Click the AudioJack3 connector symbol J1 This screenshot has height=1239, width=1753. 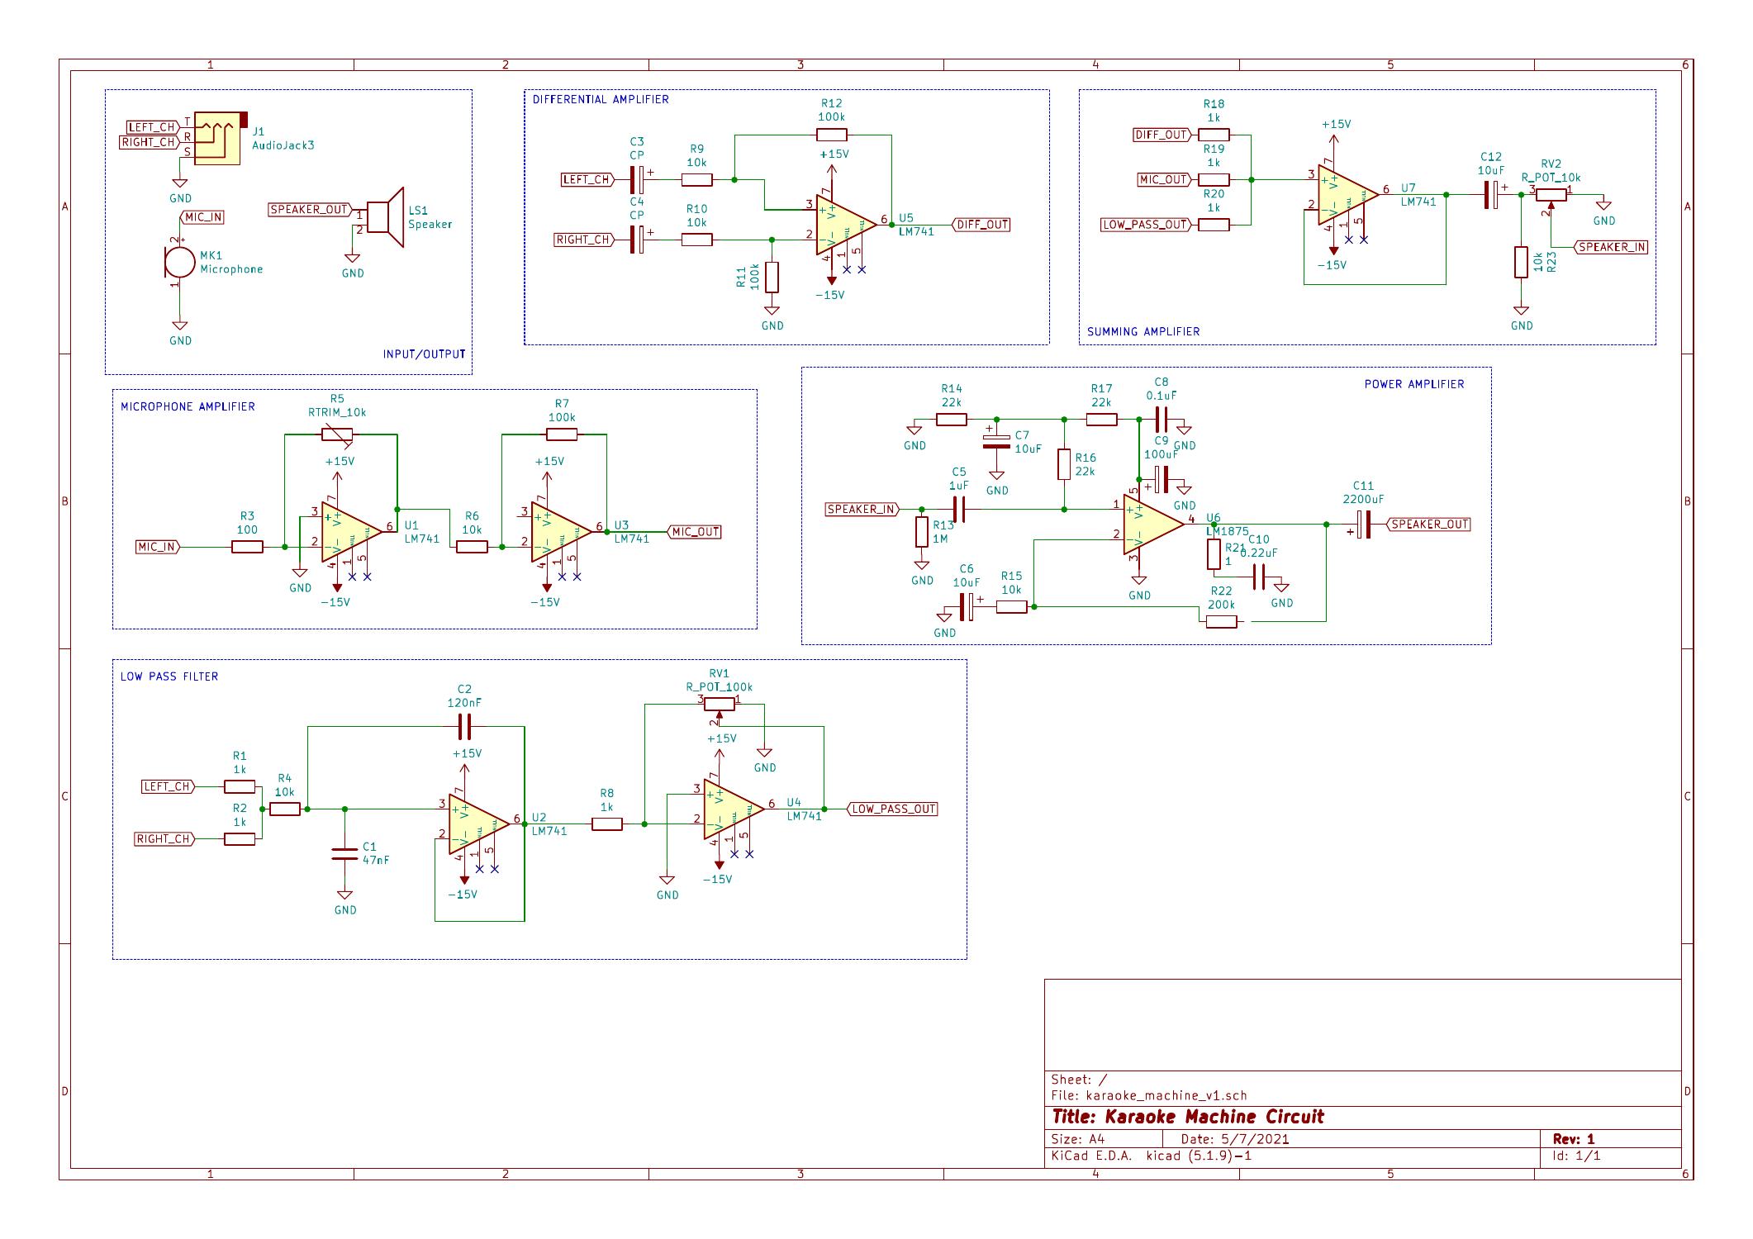[217, 138]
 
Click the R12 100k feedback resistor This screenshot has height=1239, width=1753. [831, 134]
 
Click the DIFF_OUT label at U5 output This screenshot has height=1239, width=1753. [981, 225]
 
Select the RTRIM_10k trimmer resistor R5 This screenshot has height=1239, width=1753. [337, 434]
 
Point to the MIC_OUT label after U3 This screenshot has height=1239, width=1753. [695, 532]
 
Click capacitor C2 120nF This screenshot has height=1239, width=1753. [464, 727]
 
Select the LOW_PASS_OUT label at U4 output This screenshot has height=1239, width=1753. [893, 809]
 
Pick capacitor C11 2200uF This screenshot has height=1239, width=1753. [1363, 524]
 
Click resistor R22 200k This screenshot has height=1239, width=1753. [1221, 622]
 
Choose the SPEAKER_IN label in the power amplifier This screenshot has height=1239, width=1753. [861, 510]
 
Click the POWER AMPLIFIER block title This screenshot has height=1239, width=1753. [1413, 384]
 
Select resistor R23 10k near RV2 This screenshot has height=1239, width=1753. [1521, 262]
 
